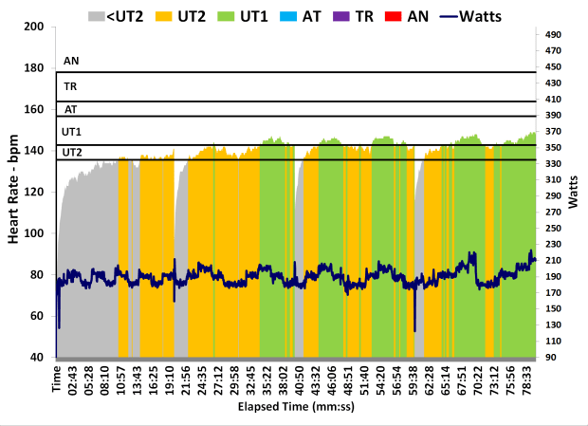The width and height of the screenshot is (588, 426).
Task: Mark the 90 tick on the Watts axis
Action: point(553,358)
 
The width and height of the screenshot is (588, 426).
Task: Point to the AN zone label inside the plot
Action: point(71,61)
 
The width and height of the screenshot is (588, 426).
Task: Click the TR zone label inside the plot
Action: point(70,86)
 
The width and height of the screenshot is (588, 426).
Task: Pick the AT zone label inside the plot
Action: point(70,109)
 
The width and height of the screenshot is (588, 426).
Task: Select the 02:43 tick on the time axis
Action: point(72,380)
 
